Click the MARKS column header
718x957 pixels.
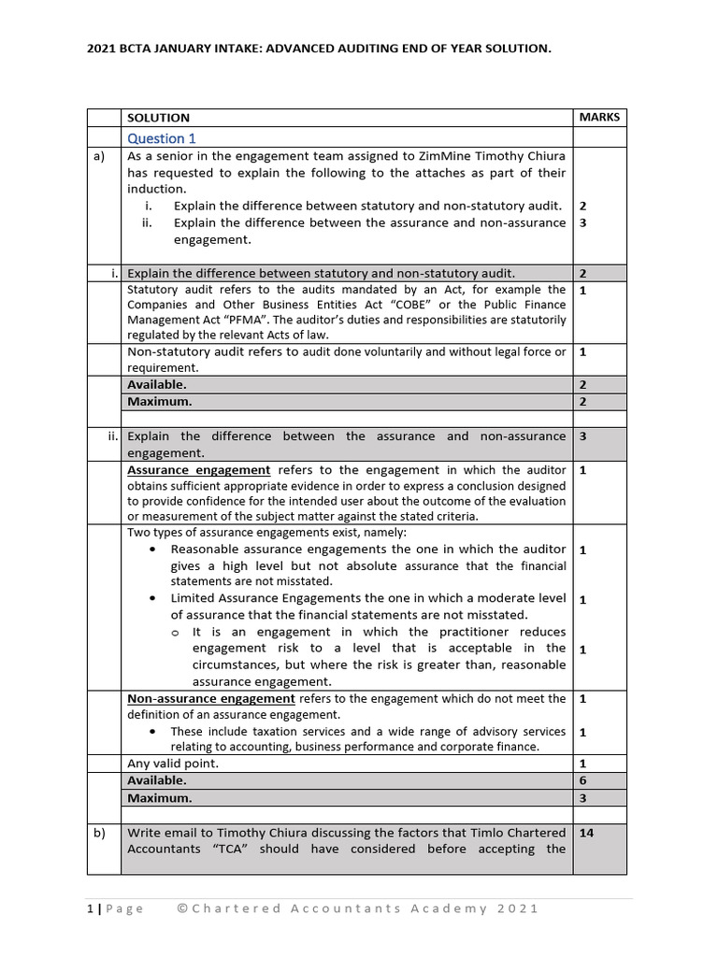[x=598, y=117]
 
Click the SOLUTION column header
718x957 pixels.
[x=158, y=118]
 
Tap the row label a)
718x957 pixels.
[x=98, y=156]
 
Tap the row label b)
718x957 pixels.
[x=98, y=833]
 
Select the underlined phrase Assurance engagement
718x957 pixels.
[x=198, y=470]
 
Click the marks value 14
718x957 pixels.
[x=587, y=833]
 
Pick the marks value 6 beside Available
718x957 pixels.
[x=582, y=779]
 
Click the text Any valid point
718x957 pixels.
[x=173, y=764]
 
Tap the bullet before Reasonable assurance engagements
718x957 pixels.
[x=153, y=550]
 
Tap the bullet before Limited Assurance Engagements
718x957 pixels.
[x=153, y=598]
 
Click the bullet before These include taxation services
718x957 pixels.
[x=153, y=732]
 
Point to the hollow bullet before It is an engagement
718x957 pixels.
[x=175, y=633]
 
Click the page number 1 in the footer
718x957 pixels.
[x=91, y=908]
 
